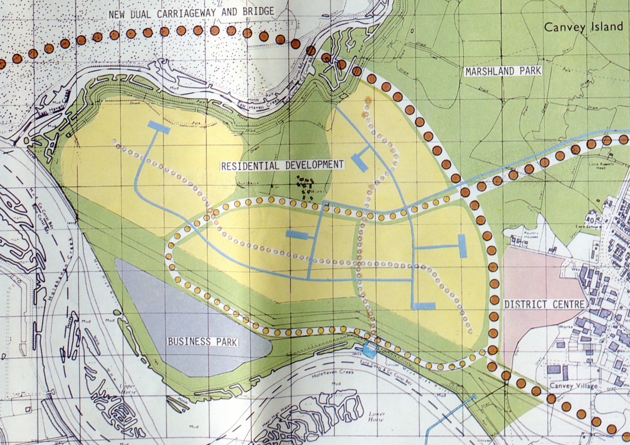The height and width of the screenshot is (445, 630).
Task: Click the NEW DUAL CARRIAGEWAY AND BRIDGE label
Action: point(191,12)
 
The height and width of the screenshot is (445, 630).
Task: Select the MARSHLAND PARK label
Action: point(503,71)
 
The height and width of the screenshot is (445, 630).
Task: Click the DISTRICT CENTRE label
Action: point(544,304)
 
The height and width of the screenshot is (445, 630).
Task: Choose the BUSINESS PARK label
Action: point(202,341)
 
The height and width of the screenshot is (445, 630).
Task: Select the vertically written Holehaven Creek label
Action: point(67,257)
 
